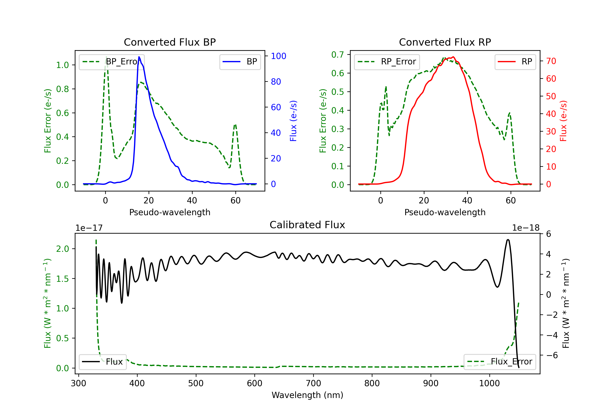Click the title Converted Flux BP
tap(170, 42)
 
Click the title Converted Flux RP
tap(445, 42)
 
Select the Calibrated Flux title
tap(307, 225)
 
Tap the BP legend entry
tap(240, 62)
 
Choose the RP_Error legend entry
tap(387, 62)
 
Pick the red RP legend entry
tap(515, 62)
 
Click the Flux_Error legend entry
tap(500, 362)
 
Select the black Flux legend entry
tap(102, 362)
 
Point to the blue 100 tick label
tap(279, 56)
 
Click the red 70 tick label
tap(551, 61)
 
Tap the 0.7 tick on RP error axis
tap(338, 55)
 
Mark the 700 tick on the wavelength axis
tap(313, 383)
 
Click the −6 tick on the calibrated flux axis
tap(552, 355)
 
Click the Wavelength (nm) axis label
tap(307, 395)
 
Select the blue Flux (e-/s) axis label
tap(293, 121)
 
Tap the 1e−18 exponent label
tap(526, 228)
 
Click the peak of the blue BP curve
tap(139, 57)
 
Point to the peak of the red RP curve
tap(453, 57)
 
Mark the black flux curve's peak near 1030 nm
tap(508, 239)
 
